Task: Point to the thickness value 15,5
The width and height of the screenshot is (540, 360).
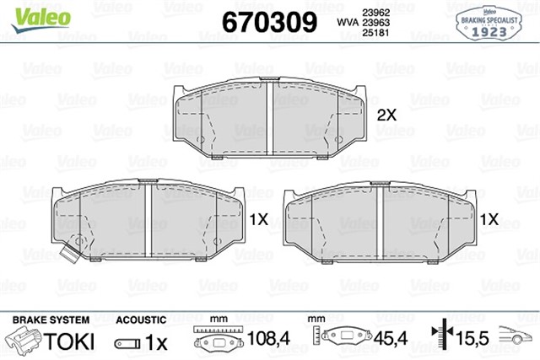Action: pyautogui.click(x=473, y=342)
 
